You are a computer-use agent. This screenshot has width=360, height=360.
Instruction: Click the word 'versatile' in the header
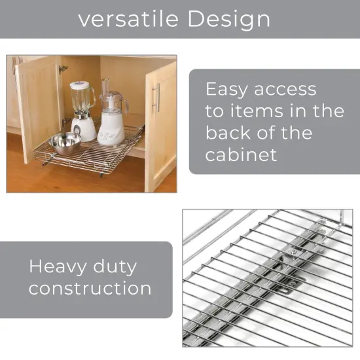[128, 19]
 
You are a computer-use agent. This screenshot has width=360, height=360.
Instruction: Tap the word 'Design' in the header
[228, 19]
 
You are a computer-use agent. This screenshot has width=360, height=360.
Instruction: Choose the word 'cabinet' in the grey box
[241, 154]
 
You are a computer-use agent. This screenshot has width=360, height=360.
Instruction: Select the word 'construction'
[90, 288]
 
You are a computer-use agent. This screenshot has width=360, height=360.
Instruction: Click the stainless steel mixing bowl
[65, 142]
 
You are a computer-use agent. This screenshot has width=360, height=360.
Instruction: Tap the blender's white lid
[80, 84]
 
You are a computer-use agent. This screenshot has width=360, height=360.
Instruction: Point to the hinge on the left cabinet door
[62, 69]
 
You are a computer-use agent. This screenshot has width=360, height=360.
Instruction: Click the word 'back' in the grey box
[229, 133]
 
